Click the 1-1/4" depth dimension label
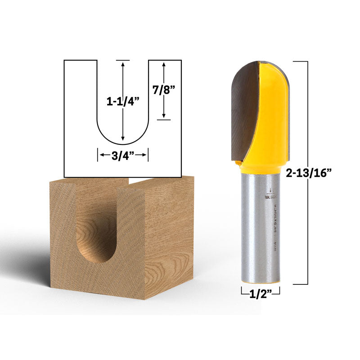(x=123, y=102)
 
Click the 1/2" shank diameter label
(x=260, y=295)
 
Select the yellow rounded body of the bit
(x=272, y=112)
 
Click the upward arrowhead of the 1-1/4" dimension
(x=123, y=64)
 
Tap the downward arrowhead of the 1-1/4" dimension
(x=123, y=139)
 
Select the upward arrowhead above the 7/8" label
(x=164, y=65)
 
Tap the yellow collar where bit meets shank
(x=260, y=168)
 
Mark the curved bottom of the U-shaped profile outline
(x=123, y=144)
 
